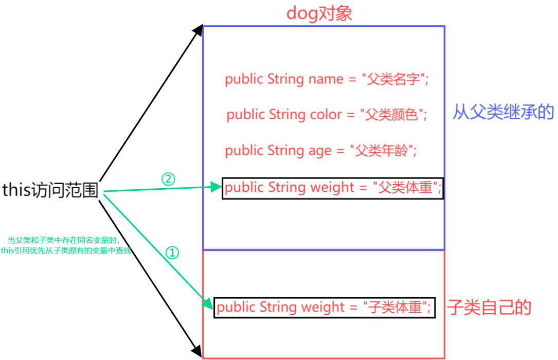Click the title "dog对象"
tap(319, 13)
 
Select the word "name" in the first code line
tap(326, 79)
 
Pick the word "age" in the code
tap(320, 151)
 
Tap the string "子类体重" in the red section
tap(396, 308)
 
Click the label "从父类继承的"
tap(503, 112)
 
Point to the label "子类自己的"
tap(489, 308)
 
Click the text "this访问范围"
tap(50, 190)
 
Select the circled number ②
tap(168, 179)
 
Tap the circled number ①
tap(173, 253)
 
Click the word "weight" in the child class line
tap(322, 308)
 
